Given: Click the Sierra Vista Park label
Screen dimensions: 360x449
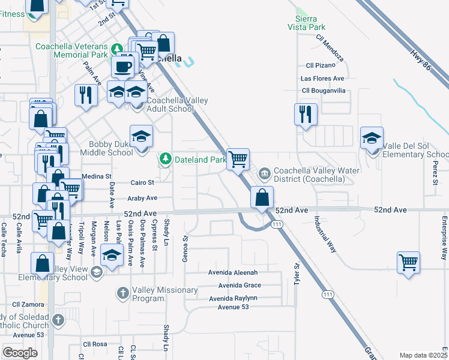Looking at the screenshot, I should click(311, 23).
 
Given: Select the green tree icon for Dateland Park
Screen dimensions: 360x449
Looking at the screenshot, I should click(165, 160).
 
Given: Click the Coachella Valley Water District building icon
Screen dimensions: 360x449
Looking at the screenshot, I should click(264, 174).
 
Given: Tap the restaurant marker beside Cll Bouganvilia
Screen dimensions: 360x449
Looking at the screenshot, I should click(305, 113).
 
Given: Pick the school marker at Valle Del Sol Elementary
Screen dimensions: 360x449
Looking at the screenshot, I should click(372, 138).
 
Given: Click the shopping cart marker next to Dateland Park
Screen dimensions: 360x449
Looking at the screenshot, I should click(238, 159).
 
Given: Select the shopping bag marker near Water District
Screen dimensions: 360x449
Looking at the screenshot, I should click(262, 197).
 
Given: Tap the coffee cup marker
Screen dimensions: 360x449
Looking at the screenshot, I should click(122, 66).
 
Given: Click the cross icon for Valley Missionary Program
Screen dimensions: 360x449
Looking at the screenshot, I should click(122, 293).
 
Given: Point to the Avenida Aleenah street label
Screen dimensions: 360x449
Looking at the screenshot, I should click(232, 272).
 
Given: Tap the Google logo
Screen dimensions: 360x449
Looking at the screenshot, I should click(20, 353).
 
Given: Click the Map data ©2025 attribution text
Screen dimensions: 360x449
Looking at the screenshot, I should click(423, 355).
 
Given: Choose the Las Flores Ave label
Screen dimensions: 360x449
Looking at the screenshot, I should click(324, 78).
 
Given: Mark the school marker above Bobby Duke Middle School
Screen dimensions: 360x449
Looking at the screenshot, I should click(142, 136).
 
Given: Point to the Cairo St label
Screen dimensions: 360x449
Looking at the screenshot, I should click(142, 182).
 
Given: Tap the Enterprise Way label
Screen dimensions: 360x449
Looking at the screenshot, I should click(445, 237).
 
